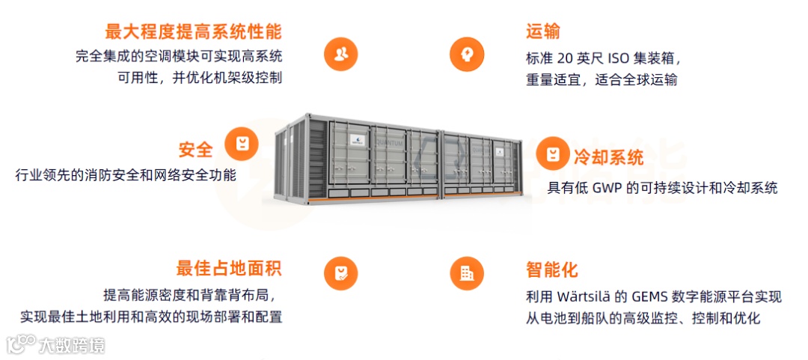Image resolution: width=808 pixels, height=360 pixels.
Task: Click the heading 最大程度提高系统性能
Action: (193, 32)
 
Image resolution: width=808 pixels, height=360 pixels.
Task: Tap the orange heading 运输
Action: (542, 32)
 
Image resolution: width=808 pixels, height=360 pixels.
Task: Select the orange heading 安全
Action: (195, 149)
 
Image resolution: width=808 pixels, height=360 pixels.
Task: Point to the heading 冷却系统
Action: (608, 158)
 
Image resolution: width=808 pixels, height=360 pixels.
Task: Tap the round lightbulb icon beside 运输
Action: (467, 53)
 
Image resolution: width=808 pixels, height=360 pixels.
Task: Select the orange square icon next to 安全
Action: (242, 143)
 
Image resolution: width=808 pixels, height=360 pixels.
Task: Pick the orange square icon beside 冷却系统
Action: (552, 154)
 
